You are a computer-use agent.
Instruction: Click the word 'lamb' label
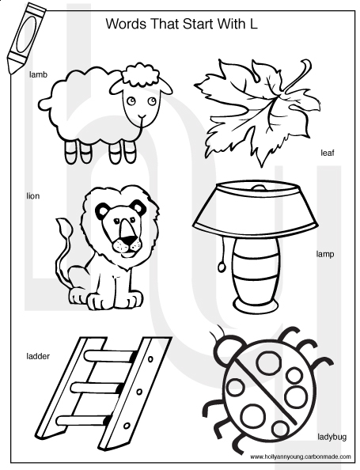(38, 74)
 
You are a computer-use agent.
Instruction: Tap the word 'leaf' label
(328, 153)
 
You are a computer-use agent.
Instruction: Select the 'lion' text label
(33, 196)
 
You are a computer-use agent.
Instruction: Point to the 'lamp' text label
(325, 255)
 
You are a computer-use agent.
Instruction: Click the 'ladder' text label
(38, 356)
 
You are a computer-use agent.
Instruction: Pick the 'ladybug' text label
(332, 437)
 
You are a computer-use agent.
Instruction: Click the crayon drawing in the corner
(25, 37)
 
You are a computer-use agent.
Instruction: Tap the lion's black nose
(129, 240)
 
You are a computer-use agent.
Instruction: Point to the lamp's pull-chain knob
(222, 267)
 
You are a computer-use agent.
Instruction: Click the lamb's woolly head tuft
(141, 74)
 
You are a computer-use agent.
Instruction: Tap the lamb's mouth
(142, 116)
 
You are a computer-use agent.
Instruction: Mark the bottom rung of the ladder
(83, 420)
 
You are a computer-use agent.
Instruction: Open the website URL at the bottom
(301, 457)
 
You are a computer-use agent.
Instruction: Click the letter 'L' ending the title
(253, 24)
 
